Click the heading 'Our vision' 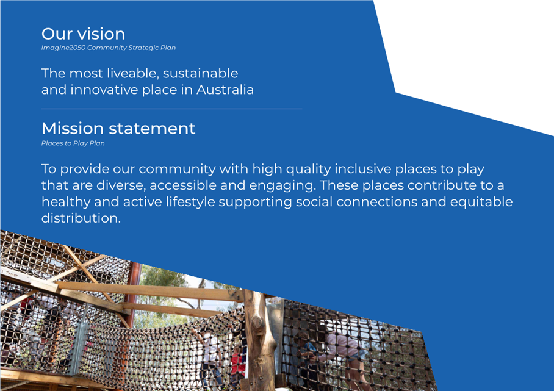(83, 34)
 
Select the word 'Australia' (225, 90)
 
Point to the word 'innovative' (104, 90)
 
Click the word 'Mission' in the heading (73, 128)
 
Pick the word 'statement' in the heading (152, 129)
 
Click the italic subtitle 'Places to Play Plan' (73, 143)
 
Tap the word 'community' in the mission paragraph (177, 169)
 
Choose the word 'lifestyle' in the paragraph (190, 203)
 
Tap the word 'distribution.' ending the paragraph (81, 218)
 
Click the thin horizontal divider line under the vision (171, 109)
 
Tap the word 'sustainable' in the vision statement (200, 73)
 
